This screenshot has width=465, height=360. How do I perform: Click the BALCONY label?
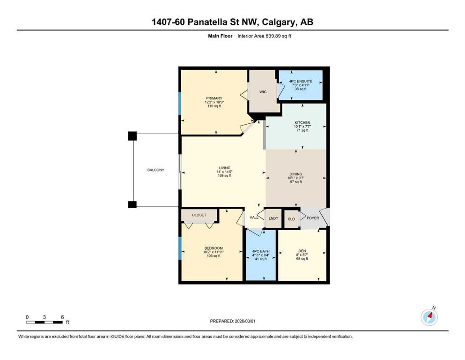pyautogui.click(x=155, y=170)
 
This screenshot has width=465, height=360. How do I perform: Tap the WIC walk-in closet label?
pyautogui.click(x=263, y=92)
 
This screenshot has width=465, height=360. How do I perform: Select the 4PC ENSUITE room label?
pyautogui.click(x=301, y=81)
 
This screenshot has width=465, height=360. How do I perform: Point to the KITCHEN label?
pyautogui.click(x=303, y=122)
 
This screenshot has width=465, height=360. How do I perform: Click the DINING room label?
pyautogui.click(x=296, y=174)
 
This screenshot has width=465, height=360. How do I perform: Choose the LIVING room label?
pyautogui.click(x=224, y=168)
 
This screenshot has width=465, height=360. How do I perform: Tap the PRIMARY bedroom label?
pyautogui.click(x=214, y=98)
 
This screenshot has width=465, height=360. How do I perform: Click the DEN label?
pyautogui.click(x=302, y=251)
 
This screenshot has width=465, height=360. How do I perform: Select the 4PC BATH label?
pyautogui.click(x=261, y=251)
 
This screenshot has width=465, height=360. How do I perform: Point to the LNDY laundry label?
pyautogui.click(x=273, y=218)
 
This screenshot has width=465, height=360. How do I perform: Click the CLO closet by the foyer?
pyautogui.click(x=292, y=219)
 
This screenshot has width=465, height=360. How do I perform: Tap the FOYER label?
pyautogui.click(x=313, y=218)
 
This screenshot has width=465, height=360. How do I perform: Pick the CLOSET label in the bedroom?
pyautogui.click(x=199, y=215)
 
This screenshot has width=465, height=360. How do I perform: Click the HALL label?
pyautogui.click(x=254, y=217)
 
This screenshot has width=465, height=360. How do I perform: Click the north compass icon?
pyautogui.click(x=429, y=317)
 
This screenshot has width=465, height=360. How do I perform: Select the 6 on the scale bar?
pyautogui.click(x=62, y=317)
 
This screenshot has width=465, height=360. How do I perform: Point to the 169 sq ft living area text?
pyautogui.click(x=224, y=176)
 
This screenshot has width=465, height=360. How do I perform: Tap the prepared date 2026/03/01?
pyautogui.click(x=245, y=321)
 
